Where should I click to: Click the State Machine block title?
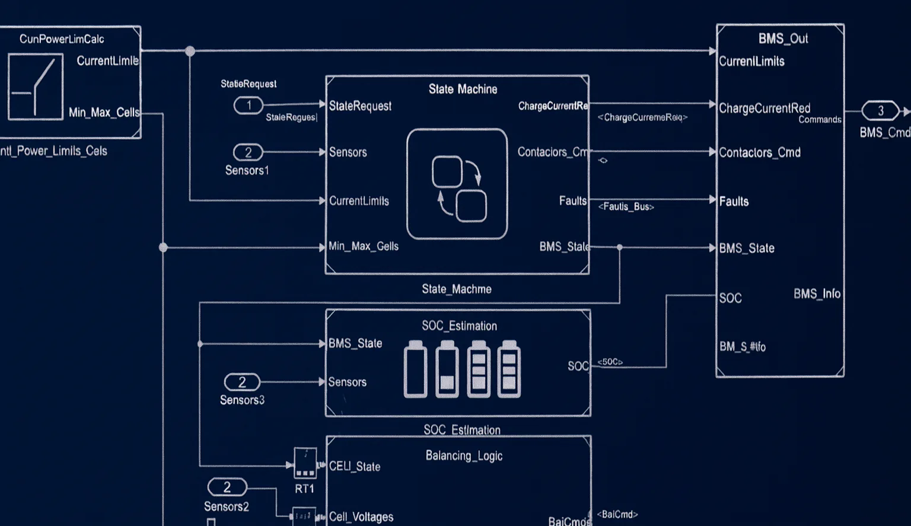point(463,89)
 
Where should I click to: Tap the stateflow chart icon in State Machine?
point(457,184)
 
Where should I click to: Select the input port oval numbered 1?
point(249,106)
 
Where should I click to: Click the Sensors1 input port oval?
point(248,152)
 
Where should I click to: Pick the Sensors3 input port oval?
point(242,382)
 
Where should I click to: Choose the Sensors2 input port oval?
point(227,487)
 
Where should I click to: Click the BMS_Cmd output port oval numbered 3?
point(881,111)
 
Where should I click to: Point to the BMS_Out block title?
point(783,39)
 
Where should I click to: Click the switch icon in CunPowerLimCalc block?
point(36,87)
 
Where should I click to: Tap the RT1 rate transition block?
point(305,463)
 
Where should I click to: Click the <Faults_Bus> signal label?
point(626,206)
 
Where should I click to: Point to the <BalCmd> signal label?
point(617,514)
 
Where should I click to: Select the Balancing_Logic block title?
point(464,455)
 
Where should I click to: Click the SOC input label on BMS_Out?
point(731,298)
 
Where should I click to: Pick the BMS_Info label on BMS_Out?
point(817,294)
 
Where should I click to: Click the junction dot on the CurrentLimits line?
point(190,51)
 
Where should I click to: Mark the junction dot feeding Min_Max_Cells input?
point(163,247)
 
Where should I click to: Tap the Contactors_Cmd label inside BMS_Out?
point(760,152)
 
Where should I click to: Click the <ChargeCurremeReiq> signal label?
point(642,117)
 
